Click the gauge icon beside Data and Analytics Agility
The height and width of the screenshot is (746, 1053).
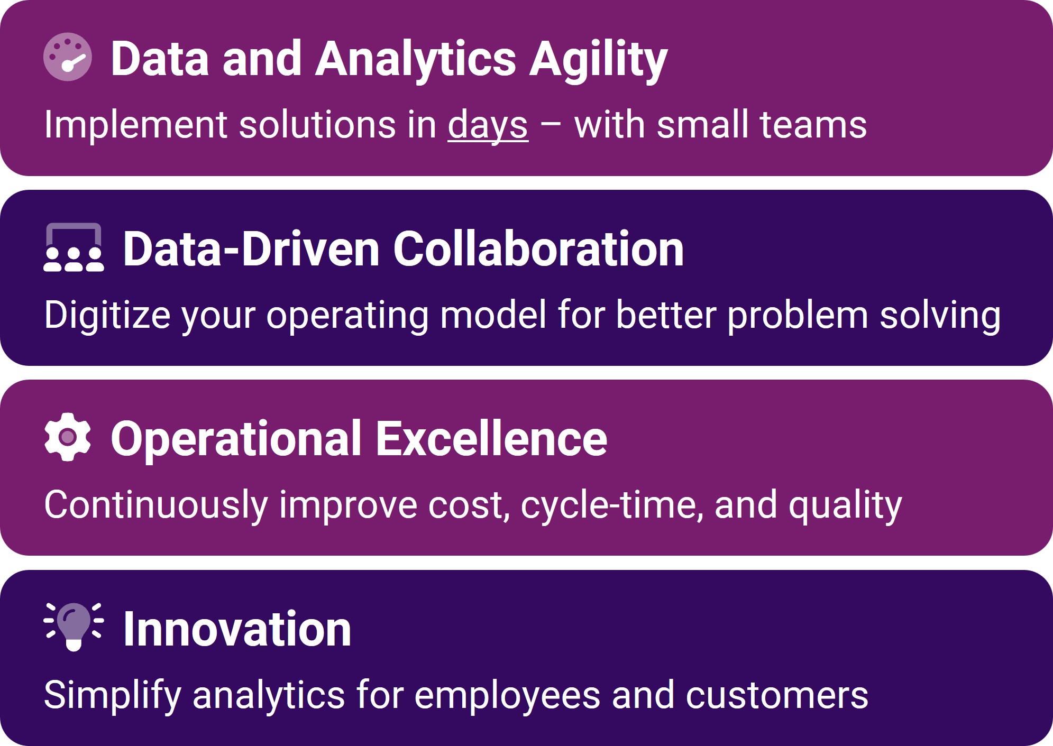(x=68, y=57)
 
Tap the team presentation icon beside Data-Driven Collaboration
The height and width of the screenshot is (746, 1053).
(x=74, y=247)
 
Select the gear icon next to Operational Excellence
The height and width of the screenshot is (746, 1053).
(x=68, y=437)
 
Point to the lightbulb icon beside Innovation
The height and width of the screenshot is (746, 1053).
(x=74, y=627)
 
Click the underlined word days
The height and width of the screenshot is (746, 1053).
(x=488, y=125)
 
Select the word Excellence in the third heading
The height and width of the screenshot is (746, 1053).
(x=491, y=438)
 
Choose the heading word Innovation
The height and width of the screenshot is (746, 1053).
(x=237, y=629)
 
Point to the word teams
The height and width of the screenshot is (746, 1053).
(x=813, y=125)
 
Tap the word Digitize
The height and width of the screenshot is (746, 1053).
(x=107, y=315)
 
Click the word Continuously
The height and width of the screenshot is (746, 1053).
(x=156, y=505)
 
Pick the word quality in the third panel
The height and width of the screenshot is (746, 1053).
(x=845, y=505)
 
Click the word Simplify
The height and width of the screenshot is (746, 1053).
(x=113, y=695)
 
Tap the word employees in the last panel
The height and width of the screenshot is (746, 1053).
(x=507, y=695)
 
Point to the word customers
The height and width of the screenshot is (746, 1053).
(x=777, y=695)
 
